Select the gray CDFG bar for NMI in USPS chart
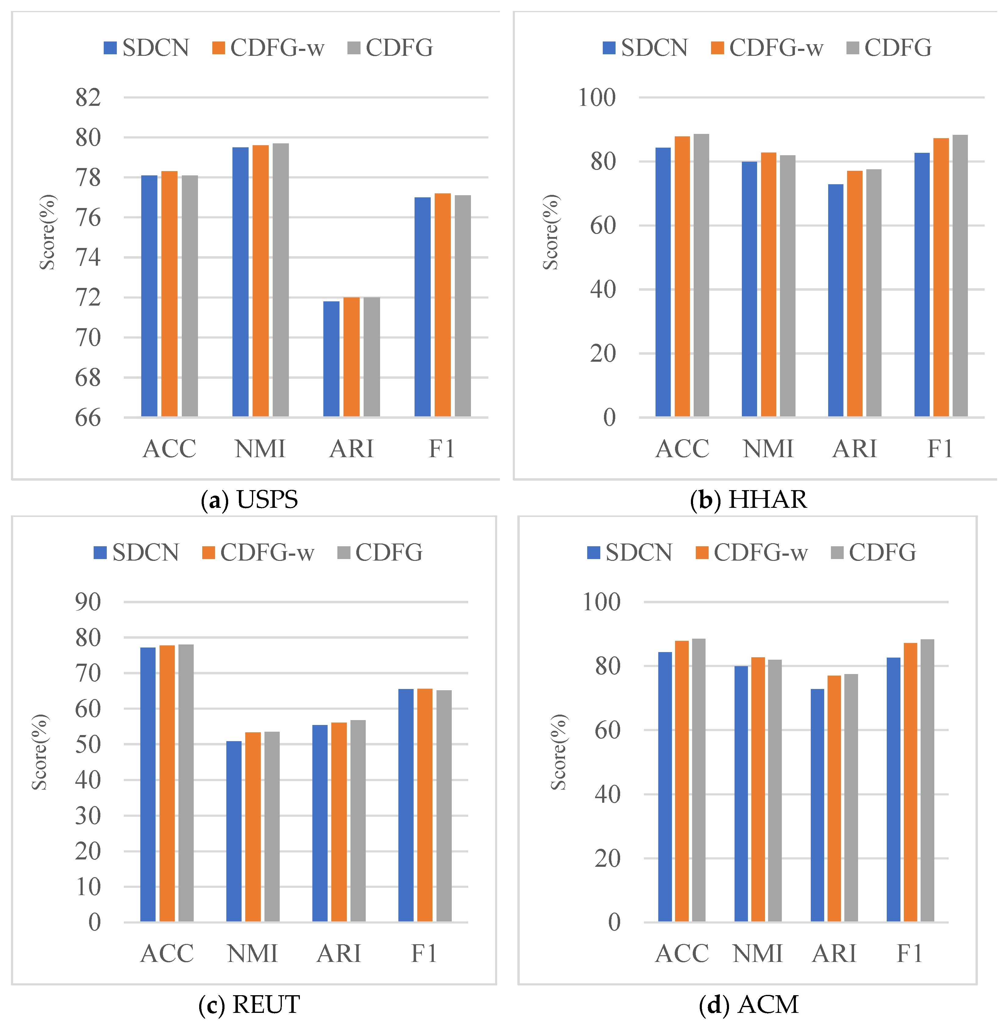click(x=281, y=280)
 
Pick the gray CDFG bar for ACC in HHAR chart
click(x=701, y=275)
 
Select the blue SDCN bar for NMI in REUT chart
click(x=234, y=832)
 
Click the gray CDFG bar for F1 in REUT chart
click(x=444, y=806)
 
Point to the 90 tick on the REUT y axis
click(x=88, y=602)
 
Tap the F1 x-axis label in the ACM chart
click(x=909, y=954)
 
